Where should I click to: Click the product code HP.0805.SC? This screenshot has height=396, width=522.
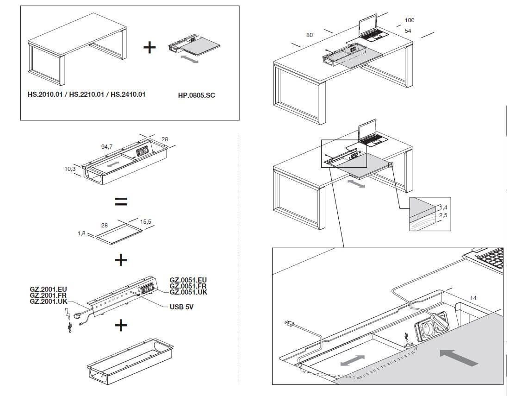pos(196,95)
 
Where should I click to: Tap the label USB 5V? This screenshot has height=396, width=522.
pos(181,307)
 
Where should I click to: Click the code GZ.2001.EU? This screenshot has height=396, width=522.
pos(48,289)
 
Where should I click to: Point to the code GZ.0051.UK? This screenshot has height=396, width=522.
pos(188,292)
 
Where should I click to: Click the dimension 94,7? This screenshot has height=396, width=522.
pos(107,146)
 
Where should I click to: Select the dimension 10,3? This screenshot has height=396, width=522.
pos(70,169)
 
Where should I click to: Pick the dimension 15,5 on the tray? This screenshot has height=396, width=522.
pos(145,221)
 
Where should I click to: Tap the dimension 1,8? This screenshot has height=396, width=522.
pos(81,233)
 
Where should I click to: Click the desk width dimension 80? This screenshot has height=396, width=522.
pos(310,35)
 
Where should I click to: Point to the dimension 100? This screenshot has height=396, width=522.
pos(410,20)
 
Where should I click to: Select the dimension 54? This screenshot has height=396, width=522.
pos(408,31)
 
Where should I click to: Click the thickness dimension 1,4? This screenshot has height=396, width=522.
pos(443,207)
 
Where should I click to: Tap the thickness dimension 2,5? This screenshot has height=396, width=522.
pos(443,215)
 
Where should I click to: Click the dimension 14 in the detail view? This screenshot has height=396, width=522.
pos(473,298)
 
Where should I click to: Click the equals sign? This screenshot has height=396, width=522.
pos(121,201)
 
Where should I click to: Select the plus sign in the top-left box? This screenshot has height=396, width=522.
pos(149,47)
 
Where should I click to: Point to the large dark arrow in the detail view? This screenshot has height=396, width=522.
pos(459,358)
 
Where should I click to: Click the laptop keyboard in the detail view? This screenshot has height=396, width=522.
pos(492,258)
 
